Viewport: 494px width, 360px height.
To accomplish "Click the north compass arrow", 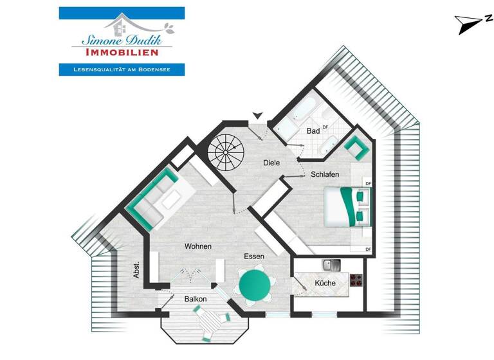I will point(466,24).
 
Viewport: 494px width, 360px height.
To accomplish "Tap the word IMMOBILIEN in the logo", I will point(122,52).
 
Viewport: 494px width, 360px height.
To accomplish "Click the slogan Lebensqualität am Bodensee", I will point(122,69).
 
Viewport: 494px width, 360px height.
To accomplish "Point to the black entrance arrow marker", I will point(258,116).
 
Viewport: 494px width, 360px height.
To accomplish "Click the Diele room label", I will point(271,163).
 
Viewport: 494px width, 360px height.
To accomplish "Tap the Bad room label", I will point(313,130).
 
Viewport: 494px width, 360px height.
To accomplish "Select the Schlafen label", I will point(325,175).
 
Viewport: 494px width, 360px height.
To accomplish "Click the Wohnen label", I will point(198,246).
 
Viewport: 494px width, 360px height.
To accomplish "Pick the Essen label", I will point(254,256).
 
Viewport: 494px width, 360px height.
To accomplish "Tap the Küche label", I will point(325,283).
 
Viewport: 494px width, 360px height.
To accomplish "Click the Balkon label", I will point(195,299).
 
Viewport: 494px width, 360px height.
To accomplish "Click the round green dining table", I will point(255,284).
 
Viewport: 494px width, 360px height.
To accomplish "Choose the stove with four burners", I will point(356,280).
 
